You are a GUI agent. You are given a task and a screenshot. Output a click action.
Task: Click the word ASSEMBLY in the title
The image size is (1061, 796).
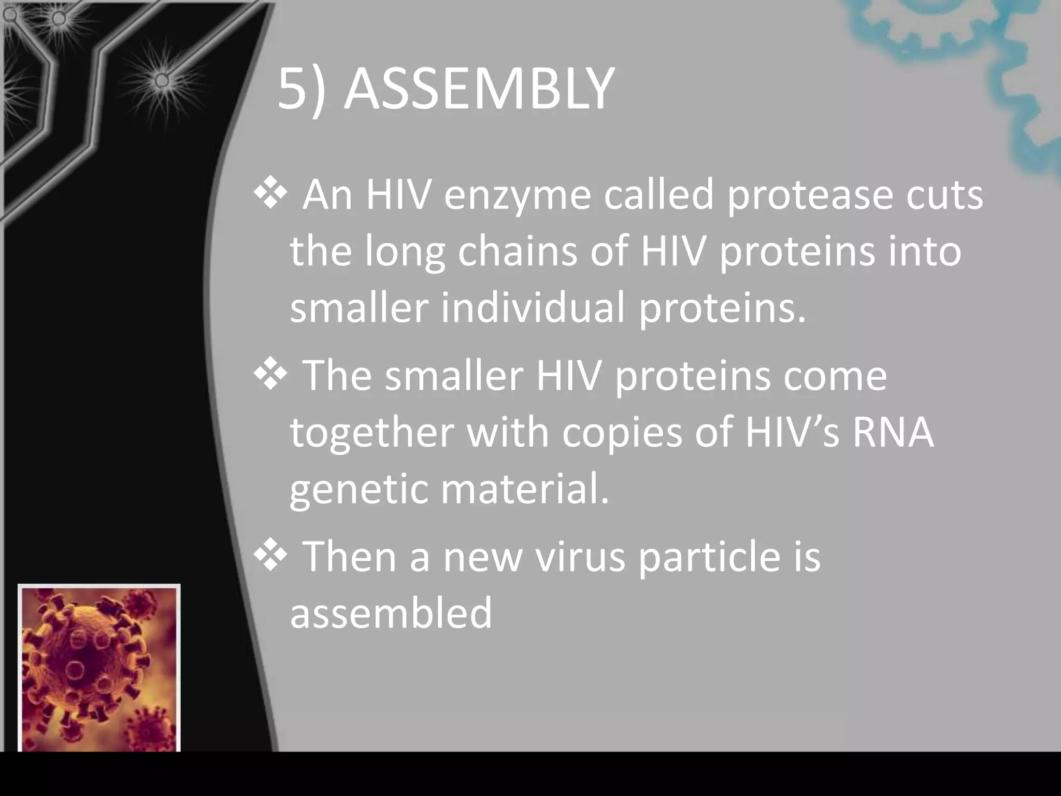click(x=479, y=91)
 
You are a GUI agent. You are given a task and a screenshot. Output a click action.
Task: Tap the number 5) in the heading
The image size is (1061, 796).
click(x=302, y=91)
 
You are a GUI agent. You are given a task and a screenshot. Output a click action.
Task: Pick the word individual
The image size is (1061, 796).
click(x=533, y=308)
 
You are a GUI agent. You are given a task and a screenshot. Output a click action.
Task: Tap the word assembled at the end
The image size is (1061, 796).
click(x=391, y=613)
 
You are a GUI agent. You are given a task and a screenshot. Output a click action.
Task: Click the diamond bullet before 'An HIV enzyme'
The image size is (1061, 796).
click(x=270, y=194)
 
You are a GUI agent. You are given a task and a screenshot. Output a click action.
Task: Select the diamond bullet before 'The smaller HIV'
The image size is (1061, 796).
click(x=270, y=374)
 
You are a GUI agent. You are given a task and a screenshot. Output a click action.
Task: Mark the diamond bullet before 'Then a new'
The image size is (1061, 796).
click(x=270, y=555)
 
